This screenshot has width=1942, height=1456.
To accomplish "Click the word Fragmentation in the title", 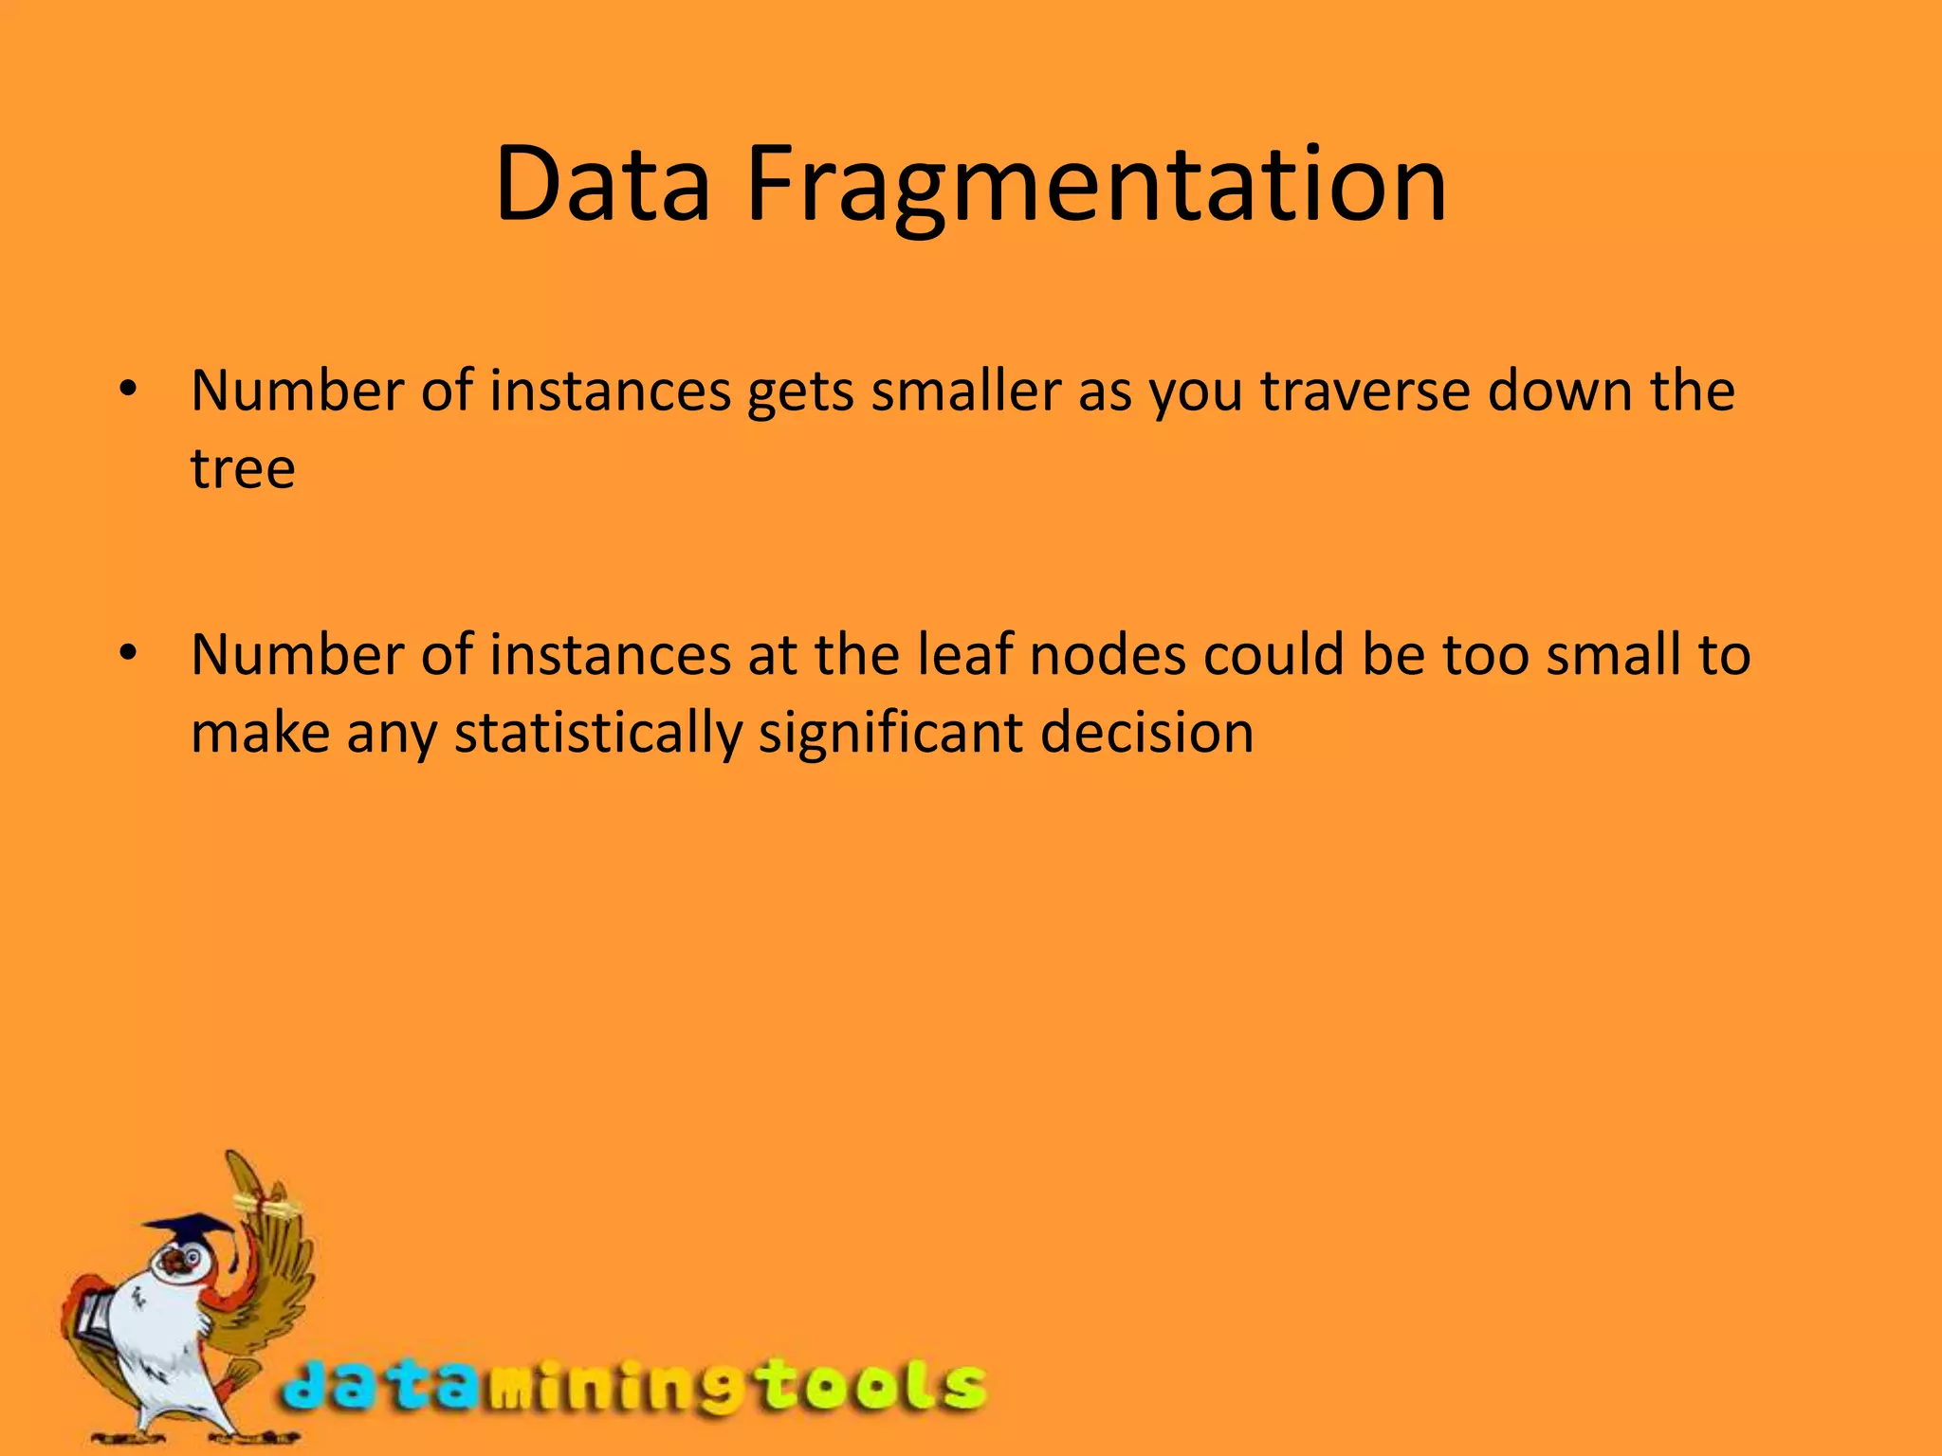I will coord(1096,185).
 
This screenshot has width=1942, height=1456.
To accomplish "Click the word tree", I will coord(243,468).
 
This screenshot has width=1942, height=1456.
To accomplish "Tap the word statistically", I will coord(597,734).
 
